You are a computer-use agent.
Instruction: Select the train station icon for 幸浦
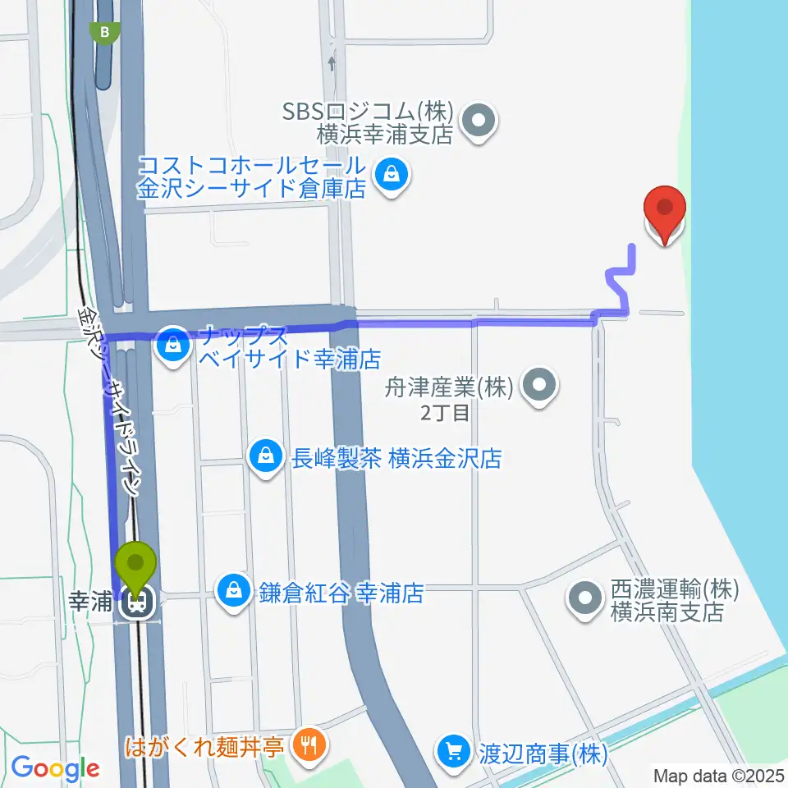click(x=135, y=605)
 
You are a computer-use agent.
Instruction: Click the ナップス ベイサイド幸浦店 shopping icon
click(x=173, y=346)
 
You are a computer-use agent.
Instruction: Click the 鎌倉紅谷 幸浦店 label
click(x=342, y=593)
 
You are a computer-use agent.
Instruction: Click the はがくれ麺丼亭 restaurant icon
click(x=309, y=745)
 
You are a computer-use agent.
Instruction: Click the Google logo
click(x=55, y=769)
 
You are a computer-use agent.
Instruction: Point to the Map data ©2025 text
click(x=719, y=775)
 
